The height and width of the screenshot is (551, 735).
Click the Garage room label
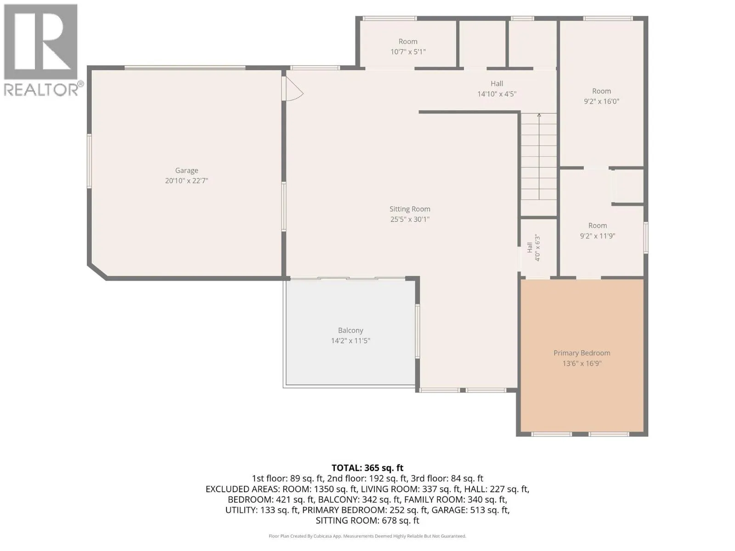[x=187, y=171]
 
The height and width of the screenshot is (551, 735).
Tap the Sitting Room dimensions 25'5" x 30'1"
[x=410, y=219]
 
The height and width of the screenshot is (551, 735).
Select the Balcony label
[x=351, y=331]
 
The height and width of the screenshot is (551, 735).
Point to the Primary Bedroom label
[x=582, y=353]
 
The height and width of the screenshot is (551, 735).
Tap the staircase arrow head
[x=539, y=115]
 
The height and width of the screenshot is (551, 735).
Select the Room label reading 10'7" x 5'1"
[x=408, y=41]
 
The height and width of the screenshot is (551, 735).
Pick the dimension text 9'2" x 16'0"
[x=601, y=101]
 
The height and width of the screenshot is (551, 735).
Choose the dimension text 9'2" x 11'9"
[x=598, y=236]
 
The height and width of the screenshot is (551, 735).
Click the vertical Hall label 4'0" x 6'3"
[x=533, y=247]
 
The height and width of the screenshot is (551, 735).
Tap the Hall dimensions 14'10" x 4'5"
[x=497, y=94]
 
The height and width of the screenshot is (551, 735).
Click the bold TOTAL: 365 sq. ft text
[x=367, y=468]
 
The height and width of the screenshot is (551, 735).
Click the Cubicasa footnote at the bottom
[x=367, y=536]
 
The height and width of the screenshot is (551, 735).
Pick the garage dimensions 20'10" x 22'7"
[x=187, y=181]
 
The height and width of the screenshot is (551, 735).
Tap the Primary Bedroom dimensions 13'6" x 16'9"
[x=582, y=363]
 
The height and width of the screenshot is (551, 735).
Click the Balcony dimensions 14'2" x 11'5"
[x=351, y=341]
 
